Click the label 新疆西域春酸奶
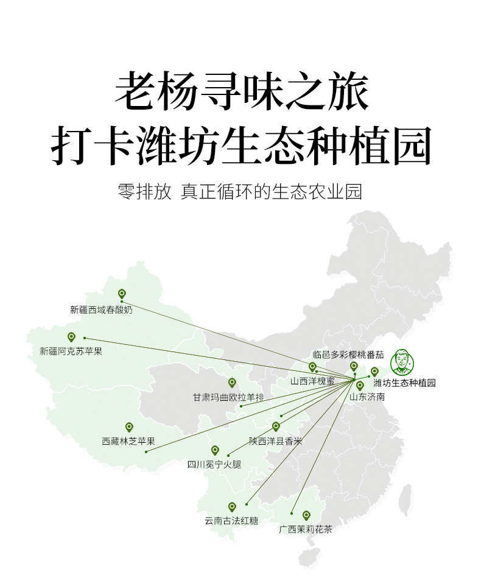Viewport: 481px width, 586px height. coord(101,309)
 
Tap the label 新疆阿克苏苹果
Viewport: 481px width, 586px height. coord(71,351)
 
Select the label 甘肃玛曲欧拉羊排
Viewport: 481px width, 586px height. coord(228,398)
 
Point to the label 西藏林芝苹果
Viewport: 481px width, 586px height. coord(128,442)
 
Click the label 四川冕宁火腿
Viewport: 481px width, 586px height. coord(214,465)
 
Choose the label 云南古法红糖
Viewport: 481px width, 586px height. coord(231,521)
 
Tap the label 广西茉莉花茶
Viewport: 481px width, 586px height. coord(306,529)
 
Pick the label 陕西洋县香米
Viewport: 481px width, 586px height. coord(275,441)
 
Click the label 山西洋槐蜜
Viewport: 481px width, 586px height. coord(312,381)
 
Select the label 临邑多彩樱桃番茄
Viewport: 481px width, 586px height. coord(348,354)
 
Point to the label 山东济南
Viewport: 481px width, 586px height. coord(367,397)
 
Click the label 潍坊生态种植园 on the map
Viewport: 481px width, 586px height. coord(405,383)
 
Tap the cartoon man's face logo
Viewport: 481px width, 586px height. coord(402,362)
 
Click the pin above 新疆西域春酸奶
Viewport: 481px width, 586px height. coord(122,294)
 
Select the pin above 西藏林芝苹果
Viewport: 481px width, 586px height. coord(129,427)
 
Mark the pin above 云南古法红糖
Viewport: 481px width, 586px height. coord(232,506)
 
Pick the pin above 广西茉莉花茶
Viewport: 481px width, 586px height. coord(306,515)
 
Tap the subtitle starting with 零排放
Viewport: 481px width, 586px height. coord(240,192)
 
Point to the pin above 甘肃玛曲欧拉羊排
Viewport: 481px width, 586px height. coord(232,383)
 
